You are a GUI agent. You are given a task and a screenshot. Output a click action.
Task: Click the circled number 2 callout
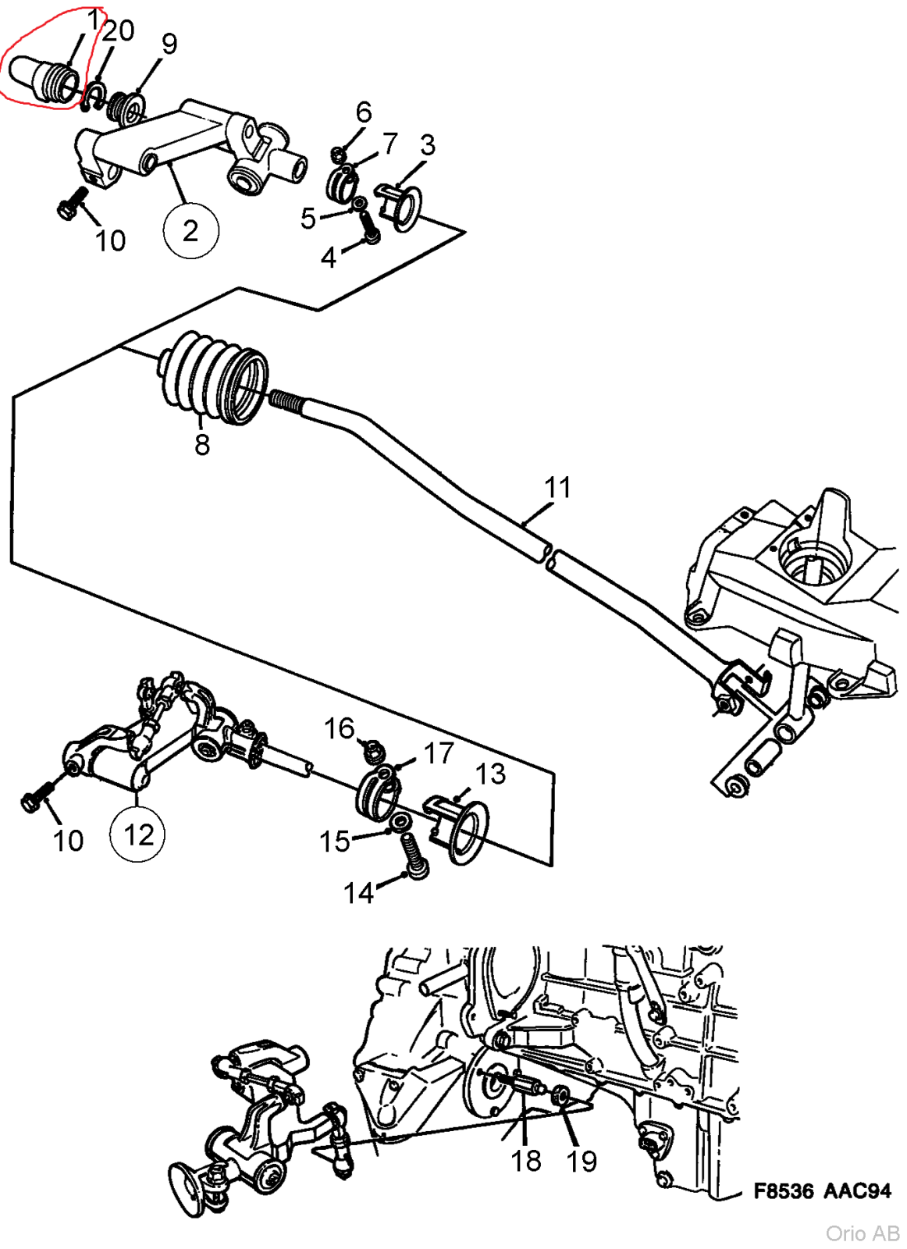(x=190, y=231)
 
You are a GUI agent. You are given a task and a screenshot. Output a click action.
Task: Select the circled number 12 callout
(x=138, y=834)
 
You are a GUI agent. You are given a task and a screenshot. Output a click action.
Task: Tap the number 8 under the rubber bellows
(x=202, y=445)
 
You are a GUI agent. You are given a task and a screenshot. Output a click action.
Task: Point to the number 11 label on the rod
(x=557, y=488)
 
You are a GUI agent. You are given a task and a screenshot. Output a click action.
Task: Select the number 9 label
(x=169, y=44)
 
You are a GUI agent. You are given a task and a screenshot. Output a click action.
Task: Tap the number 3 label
(x=427, y=145)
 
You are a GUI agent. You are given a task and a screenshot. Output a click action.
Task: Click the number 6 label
(x=364, y=112)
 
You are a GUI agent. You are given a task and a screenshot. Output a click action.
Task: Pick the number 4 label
(x=329, y=257)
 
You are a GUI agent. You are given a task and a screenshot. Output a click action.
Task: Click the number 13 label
(x=490, y=774)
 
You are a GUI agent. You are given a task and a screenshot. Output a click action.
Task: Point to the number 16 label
(x=340, y=728)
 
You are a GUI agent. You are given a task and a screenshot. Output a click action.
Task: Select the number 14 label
(x=359, y=892)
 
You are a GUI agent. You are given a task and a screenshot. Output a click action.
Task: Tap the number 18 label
(x=526, y=1161)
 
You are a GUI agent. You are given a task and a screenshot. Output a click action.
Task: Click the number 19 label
(x=582, y=1161)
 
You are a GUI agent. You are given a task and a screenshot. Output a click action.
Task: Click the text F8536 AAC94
(x=821, y=1191)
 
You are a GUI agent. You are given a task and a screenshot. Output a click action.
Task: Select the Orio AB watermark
(x=863, y=1233)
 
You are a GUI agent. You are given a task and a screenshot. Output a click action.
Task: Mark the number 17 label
(x=439, y=753)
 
